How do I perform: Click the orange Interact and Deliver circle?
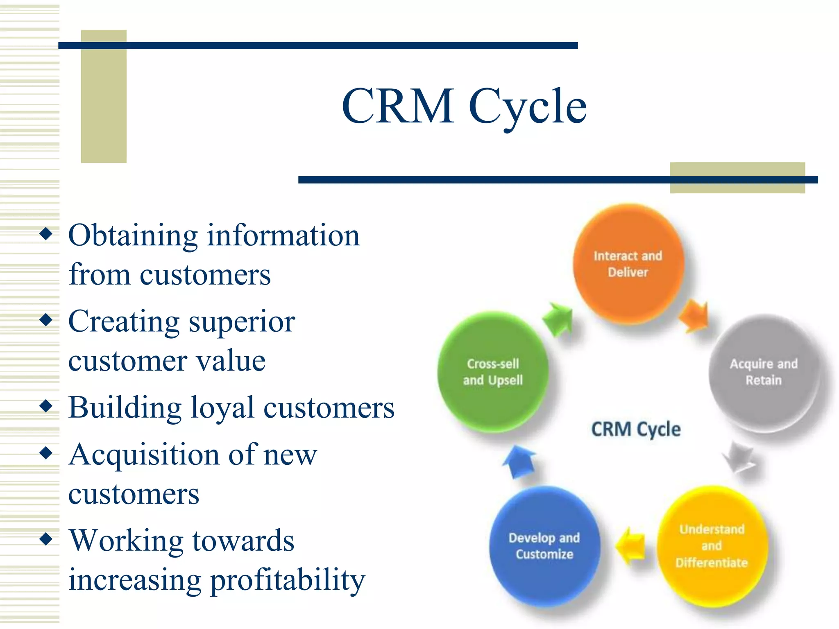click(628, 264)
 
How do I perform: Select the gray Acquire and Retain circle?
click(764, 373)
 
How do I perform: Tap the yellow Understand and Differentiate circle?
click(712, 546)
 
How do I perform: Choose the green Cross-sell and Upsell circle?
click(493, 372)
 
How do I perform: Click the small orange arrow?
click(694, 315)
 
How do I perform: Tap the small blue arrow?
click(519, 462)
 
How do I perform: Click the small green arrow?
click(558, 319)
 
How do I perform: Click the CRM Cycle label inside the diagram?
click(636, 429)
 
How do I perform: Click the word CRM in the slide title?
click(398, 106)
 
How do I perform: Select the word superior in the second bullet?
click(242, 322)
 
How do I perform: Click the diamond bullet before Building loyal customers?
click(46, 406)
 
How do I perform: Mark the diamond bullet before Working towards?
click(46, 539)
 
